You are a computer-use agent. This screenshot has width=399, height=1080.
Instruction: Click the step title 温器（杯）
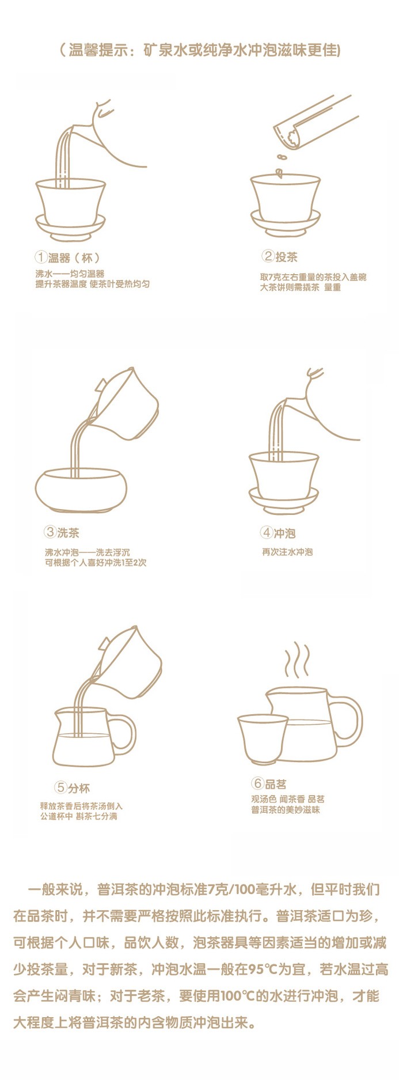[75, 257]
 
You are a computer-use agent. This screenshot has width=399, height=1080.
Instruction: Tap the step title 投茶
[286, 256]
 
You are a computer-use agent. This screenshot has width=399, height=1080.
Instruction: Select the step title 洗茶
[68, 532]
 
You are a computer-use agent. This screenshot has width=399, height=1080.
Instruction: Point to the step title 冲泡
[284, 533]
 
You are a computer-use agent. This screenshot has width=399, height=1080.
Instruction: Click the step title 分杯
[79, 787]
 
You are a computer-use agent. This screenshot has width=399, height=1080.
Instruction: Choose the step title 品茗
[276, 783]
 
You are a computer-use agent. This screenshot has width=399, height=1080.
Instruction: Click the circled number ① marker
[41, 257]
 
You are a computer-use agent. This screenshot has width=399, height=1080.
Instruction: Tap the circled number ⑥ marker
[257, 783]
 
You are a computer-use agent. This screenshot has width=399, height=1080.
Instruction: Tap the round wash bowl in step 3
[81, 490]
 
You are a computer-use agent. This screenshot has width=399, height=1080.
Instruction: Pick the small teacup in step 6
[263, 739]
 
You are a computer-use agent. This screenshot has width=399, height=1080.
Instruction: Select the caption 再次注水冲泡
[287, 552]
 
